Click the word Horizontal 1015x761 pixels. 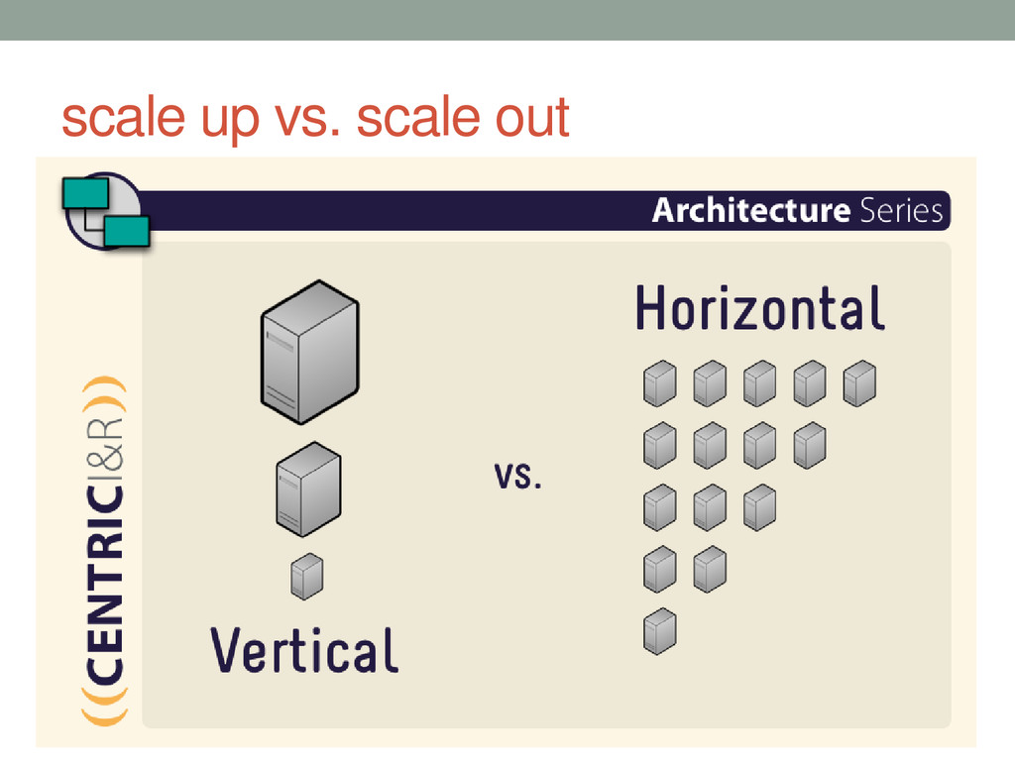(x=760, y=308)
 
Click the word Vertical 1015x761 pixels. (x=303, y=650)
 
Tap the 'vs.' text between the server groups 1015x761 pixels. (x=517, y=476)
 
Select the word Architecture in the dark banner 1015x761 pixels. (x=751, y=210)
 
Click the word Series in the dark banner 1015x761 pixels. (x=901, y=210)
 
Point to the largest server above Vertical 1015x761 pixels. (x=309, y=352)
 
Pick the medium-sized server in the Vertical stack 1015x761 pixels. (x=308, y=489)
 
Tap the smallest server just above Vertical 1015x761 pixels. (x=307, y=576)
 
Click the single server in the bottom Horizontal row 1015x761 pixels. (x=659, y=631)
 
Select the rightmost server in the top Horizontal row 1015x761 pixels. (x=859, y=383)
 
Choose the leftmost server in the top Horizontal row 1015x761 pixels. (x=659, y=383)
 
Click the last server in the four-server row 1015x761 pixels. (x=810, y=445)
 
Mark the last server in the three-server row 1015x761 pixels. (x=760, y=507)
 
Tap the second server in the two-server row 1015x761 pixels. (x=710, y=570)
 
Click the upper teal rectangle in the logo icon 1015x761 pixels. (x=85, y=193)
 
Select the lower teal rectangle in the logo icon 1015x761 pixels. (x=127, y=231)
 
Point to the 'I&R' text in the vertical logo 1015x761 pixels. (x=105, y=449)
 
